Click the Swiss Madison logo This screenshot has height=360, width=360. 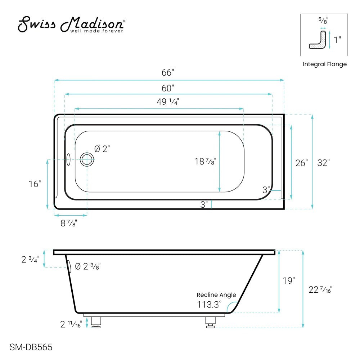72,24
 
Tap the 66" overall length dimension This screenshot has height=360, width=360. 168,73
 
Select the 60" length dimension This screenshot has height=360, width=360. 168,87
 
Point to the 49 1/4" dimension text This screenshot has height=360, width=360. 168,102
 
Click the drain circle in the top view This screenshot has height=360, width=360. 87,159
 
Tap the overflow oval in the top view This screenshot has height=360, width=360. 68,159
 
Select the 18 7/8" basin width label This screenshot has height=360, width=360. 205,162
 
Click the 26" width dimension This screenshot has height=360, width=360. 301,163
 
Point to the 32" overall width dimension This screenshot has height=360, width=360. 323,163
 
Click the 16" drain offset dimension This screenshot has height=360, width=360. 35,184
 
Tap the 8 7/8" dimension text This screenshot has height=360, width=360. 68,224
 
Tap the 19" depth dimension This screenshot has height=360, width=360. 289,280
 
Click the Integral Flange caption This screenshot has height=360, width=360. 324,64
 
